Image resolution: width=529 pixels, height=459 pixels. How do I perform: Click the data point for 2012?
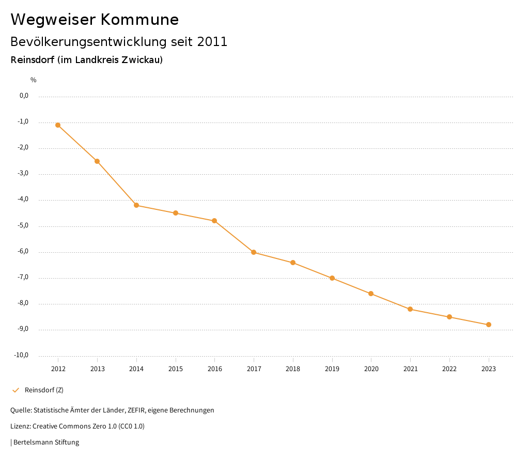click(58, 125)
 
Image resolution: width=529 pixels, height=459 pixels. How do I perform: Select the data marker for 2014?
click(136, 205)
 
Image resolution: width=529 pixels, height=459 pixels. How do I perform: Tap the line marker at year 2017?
click(254, 252)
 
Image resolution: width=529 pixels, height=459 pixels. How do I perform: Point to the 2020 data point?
click(371, 294)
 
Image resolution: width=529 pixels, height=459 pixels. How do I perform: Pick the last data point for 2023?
click(489, 325)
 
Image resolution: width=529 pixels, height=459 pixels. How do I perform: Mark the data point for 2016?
click(214, 221)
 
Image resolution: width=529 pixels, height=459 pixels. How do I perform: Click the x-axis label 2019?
click(332, 369)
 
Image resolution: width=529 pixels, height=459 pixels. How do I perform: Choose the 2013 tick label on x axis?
click(97, 369)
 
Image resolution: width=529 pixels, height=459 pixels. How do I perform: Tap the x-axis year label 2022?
click(449, 369)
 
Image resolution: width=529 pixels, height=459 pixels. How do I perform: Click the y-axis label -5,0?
click(24, 226)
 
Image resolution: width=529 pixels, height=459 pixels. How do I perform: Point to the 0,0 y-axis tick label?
click(24, 96)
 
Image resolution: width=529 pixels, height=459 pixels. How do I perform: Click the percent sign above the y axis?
click(34, 80)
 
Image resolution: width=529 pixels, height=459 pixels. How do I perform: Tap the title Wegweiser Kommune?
click(95, 20)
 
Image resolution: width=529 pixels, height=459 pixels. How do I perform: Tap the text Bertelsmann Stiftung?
click(46, 442)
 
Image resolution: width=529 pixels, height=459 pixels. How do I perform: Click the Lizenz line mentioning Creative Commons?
click(77, 426)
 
